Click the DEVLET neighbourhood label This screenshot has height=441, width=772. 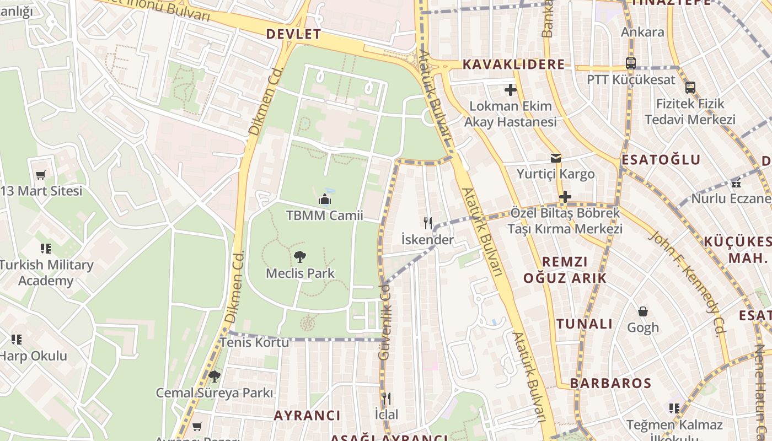(293, 34)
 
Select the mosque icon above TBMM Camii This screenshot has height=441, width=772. (325, 198)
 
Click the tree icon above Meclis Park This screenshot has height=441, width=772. (300, 256)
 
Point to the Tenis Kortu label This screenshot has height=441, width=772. (254, 342)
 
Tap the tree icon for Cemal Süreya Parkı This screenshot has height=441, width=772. (215, 377)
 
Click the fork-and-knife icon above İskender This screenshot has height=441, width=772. (428, 223)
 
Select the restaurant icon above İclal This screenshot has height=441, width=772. (387, 398)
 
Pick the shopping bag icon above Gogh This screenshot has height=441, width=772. (643, 311)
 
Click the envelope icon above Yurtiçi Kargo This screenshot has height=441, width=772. (555, 158)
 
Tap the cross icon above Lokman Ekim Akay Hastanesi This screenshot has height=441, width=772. (511, 89)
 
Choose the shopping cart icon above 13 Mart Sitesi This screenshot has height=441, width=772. (40, 175)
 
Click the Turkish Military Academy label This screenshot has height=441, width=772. (46, 273)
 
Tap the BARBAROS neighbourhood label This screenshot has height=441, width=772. (610, 383)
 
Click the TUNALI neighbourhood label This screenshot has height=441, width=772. (585, 324)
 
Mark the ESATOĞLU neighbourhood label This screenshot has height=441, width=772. (661, 160)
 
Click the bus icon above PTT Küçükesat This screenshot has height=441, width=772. (631, 63)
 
